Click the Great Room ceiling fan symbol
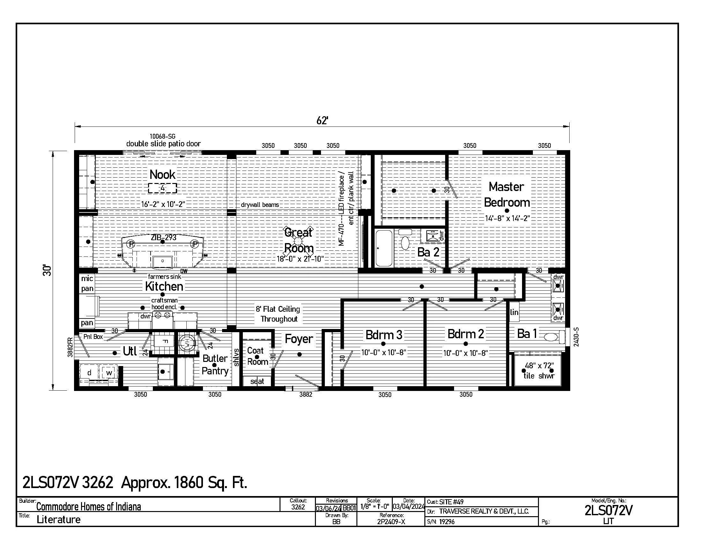tap(298, 241)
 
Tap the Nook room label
tap(163, 175)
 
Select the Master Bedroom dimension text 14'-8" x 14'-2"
tap(507, 218)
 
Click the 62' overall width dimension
tap(322, 121)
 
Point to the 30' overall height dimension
tap(48, 270)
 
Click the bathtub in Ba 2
tap(384, 248)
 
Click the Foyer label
tap(299, 339)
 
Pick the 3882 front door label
tap(306, 395)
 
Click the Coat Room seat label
tap(257, 381)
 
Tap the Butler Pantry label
tap(215, 364)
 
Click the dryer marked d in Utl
tap(89, 372)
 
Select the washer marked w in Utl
tap(109, 372)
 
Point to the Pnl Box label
tap(93, 336)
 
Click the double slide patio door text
tap(163, 144)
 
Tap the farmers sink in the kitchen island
tap(163, 261)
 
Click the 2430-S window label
tap(576, 337)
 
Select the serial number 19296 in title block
tap(447, 522)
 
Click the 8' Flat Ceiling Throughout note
tap(278, 314)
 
